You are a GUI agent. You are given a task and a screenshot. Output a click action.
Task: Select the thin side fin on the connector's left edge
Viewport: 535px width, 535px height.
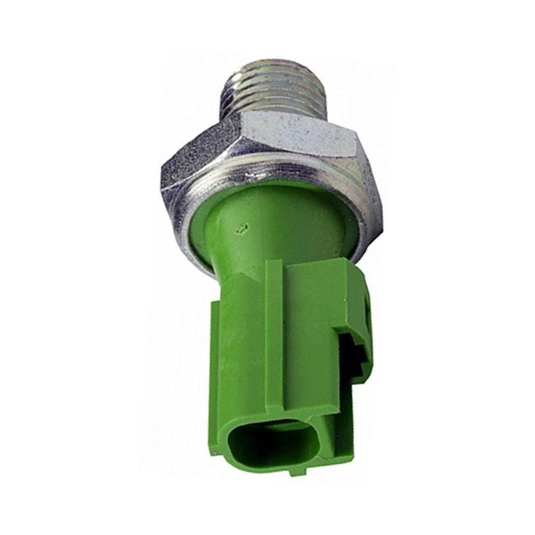215,342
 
